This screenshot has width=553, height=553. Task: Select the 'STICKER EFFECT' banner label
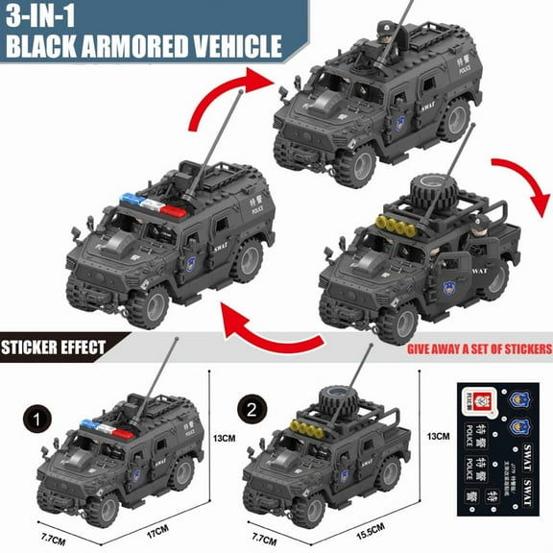[53, 347]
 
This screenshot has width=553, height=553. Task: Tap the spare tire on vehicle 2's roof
[333, 399]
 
